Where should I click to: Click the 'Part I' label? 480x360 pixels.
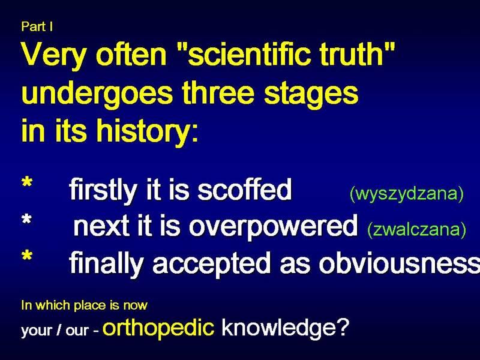click(x=37, y=26)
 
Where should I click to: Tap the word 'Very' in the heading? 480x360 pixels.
click(x=53, y=55)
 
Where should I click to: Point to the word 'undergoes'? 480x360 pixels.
click(x=97, y=94)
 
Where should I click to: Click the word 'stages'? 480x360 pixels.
click(x=311, y=94)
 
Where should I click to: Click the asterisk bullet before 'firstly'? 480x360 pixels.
click(x=27, y=182)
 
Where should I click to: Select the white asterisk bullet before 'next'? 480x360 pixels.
click(x=27, y=219)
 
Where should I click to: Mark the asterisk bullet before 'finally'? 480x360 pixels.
click(x=27, y=256)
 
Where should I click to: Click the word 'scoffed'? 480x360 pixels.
click(x=244, y=189)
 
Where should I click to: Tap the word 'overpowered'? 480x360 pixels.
click(x=273, y=226)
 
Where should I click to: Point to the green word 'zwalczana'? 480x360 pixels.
click(x=417, y=230)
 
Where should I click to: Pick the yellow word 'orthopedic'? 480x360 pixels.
click(x=158, y=327)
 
